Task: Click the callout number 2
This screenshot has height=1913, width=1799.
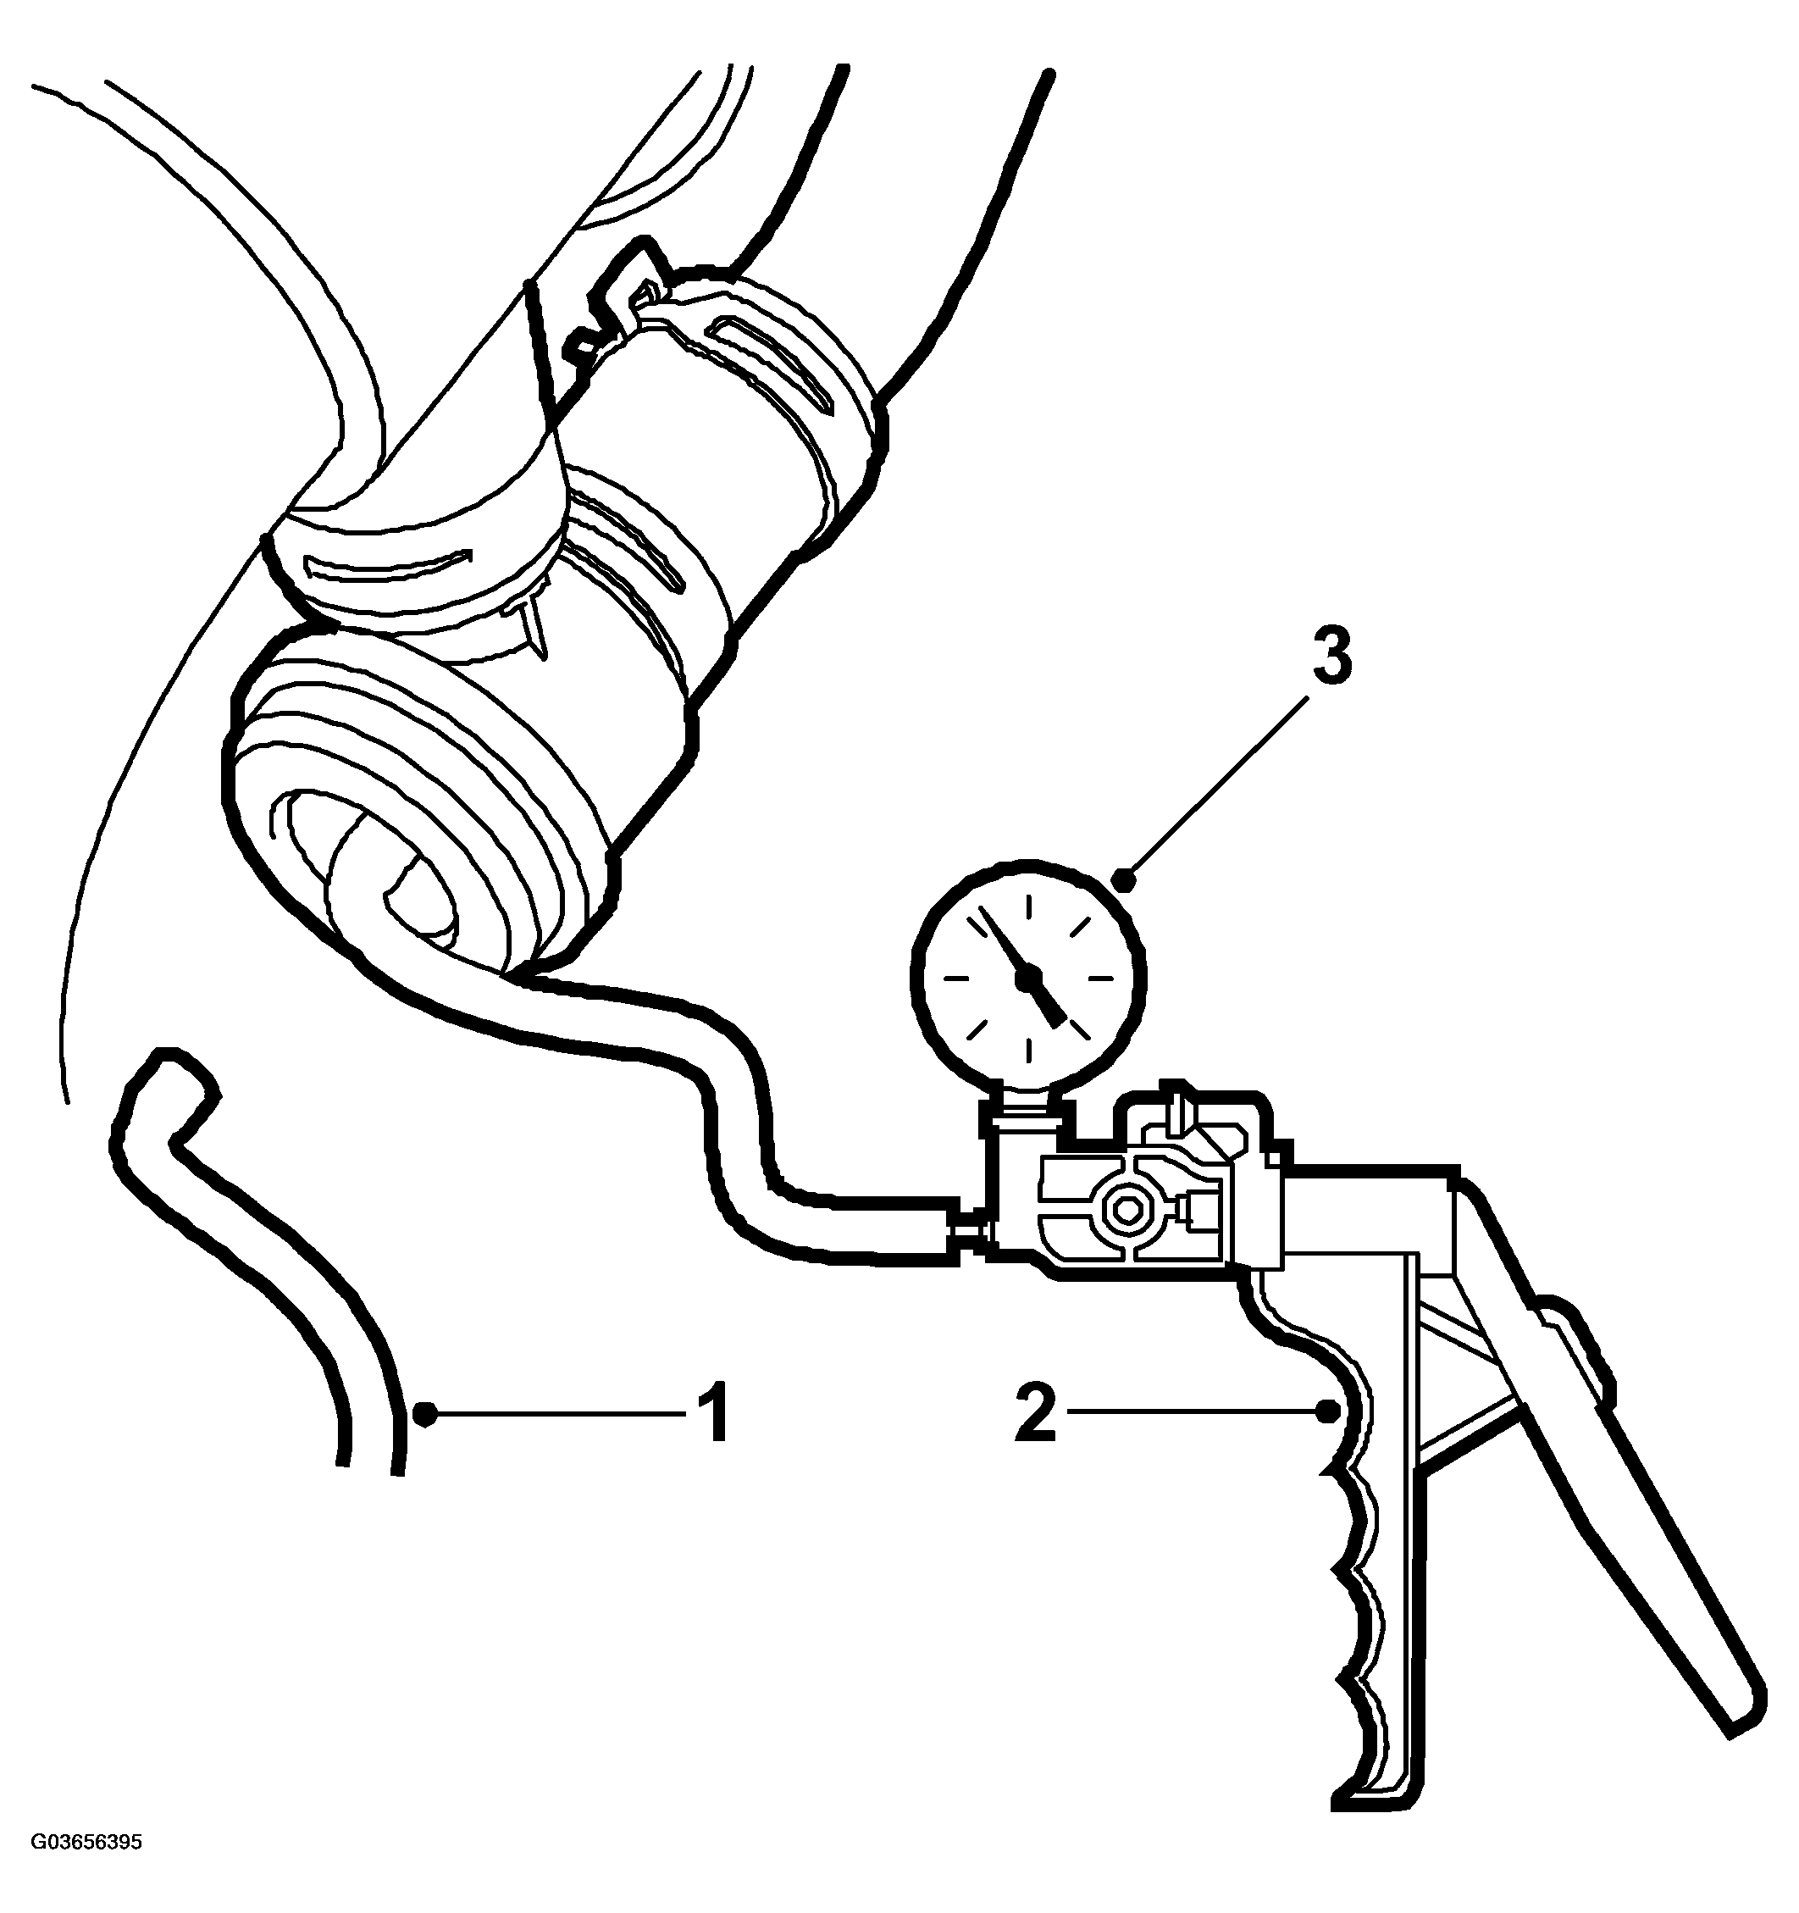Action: coord(1036,1411)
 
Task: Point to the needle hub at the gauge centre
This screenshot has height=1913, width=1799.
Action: coord(1027,978)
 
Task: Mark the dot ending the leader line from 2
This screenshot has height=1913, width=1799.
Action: coord(1327,1411)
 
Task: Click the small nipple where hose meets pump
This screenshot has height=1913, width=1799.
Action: coord(967,1228)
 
